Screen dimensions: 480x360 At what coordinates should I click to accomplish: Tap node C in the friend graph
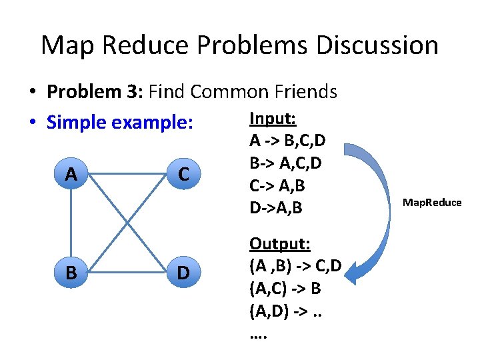pos(183,175)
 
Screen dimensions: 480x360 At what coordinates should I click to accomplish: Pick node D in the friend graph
pos(183,271)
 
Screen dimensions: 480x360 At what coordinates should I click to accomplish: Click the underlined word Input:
pos(273,119)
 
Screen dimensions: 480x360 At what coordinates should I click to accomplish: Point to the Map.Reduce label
pos(431,203)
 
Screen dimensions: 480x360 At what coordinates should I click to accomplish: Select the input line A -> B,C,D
pos(287,141)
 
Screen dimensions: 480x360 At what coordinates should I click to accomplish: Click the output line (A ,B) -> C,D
pos(295,266)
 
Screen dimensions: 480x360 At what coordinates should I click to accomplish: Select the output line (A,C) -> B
pos(285,289)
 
